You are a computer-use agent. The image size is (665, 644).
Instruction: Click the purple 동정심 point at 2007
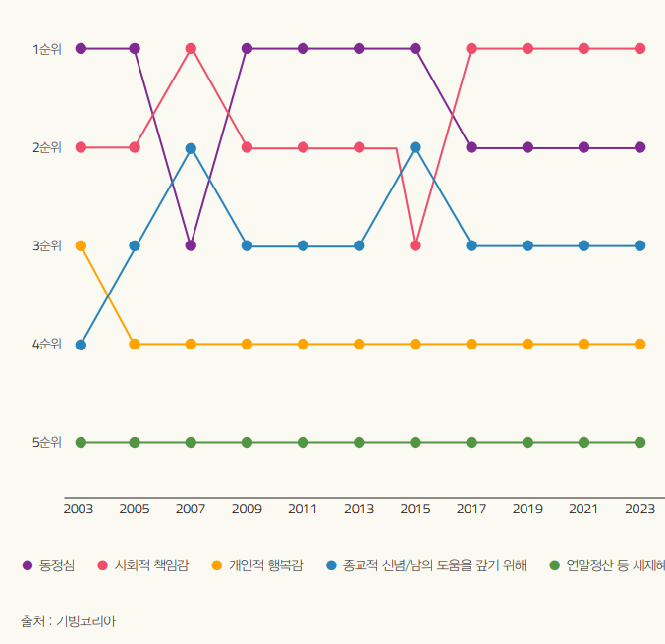[191, 245]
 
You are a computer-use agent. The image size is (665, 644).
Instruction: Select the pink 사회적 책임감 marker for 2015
[416, 245]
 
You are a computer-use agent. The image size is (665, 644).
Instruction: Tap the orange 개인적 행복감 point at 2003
[81, 245]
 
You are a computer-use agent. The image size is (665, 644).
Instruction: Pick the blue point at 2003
[81, 345]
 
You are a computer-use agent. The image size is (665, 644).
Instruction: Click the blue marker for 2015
[416, 147]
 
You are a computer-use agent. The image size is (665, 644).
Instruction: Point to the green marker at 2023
[640, 442]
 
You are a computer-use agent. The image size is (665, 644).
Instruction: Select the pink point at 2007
[191, 48]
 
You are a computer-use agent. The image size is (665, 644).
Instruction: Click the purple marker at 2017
[471, 147]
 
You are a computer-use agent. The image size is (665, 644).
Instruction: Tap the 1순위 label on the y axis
[46, 49]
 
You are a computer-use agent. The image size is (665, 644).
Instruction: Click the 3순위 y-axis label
[46, 245]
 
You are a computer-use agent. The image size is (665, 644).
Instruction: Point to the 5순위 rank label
[46, 442]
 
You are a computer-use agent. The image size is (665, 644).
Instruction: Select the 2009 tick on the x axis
[247, 509]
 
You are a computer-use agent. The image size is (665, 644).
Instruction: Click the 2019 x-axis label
[527, 509]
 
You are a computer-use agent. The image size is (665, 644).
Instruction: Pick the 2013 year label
[359, 509]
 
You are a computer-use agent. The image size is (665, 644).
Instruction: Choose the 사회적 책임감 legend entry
[151, 565]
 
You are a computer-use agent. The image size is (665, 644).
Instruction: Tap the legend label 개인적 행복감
[265, 565]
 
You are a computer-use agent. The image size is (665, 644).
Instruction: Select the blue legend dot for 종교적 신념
[331, 565]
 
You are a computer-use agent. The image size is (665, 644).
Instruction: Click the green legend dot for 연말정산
[554, 565]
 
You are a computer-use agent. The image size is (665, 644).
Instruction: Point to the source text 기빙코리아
[85, 620]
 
